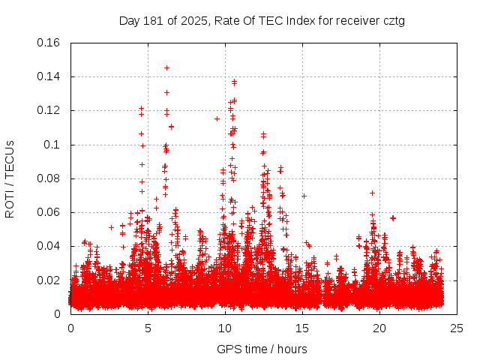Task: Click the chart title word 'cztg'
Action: (x=393, y=21)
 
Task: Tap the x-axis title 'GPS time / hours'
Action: (x=262, y=349)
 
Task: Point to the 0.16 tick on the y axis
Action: (x=49, y=43)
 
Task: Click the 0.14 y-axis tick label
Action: (x=49, y=76)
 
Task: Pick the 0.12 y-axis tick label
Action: (x=49, y=110)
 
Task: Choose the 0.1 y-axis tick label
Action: (x=53, y=144)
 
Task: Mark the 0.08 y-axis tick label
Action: (x=49, y=178)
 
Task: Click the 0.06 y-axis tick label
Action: (x=49, y=212)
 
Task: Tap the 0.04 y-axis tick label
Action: (x=49, y=246)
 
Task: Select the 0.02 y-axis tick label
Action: (x=49, y=280)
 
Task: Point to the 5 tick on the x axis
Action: (x=148, y=328)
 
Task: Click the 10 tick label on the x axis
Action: (x=225, y=328)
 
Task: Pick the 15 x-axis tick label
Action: (x=302, y=328)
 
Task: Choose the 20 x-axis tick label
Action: (x=379, y=328)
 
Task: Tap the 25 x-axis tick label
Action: (x=457, y=328)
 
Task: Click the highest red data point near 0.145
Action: (x=166, y=67)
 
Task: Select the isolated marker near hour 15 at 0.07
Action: (x=304, y=196)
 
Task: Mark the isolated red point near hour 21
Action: (x=393, y=217)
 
